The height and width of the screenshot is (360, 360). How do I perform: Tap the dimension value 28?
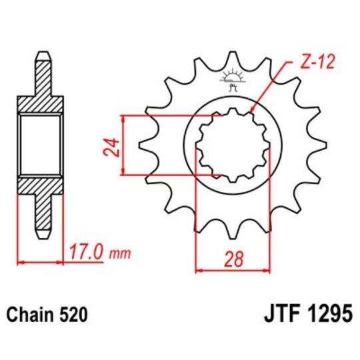pos(231,259)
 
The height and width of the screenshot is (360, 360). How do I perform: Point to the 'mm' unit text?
pos(120,255)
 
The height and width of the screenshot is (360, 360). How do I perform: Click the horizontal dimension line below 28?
pos(231,271)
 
